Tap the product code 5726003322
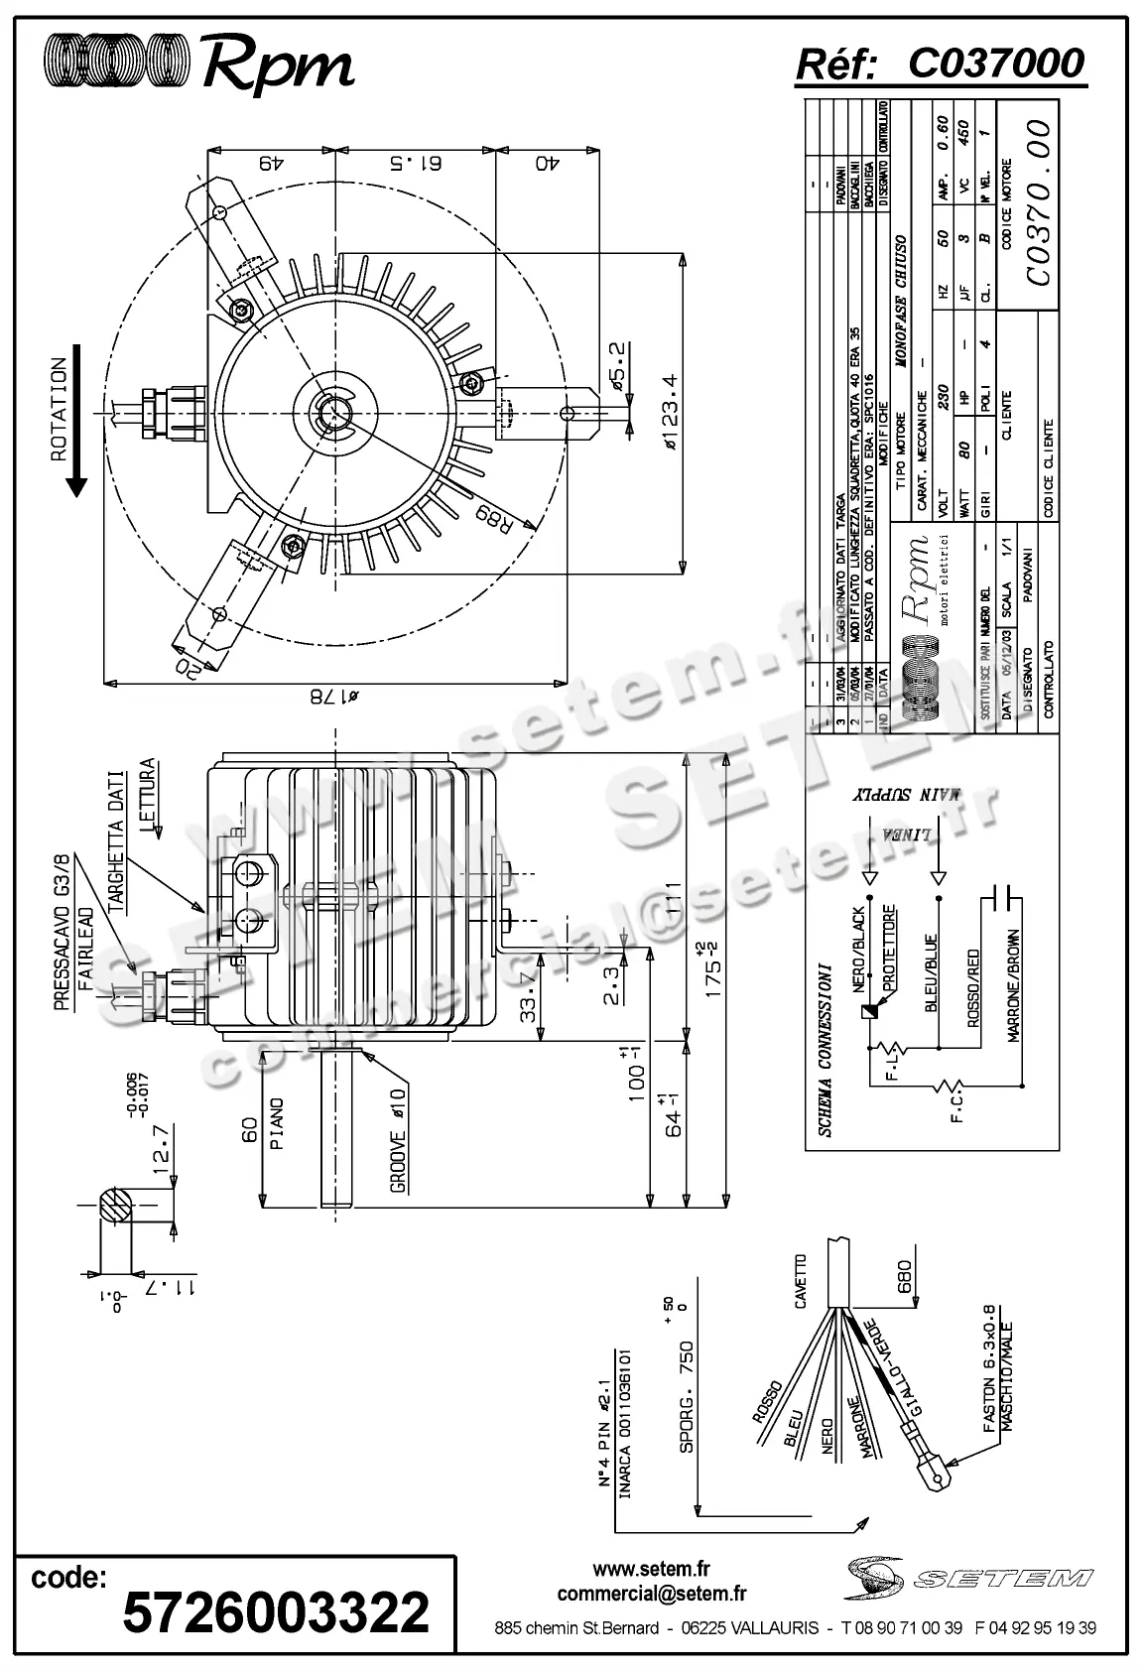[x=276, y=1611]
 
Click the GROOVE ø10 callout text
[x=397, y=1141]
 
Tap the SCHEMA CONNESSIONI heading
[x=825, y=1050]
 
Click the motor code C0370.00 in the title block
[x=1039, y=202]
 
